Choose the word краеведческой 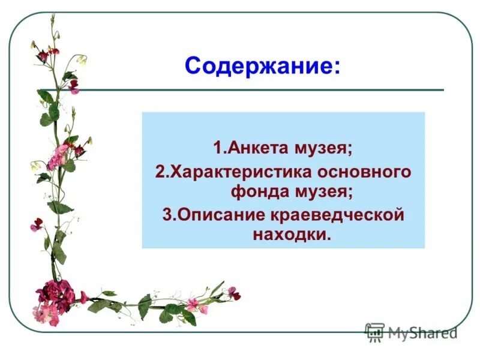[x=345, y=215]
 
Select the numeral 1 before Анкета [x=217, y=147]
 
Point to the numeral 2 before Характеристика [x=159, y=172]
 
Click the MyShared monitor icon [x=374, y=332]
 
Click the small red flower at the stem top [x=43, y=55]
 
